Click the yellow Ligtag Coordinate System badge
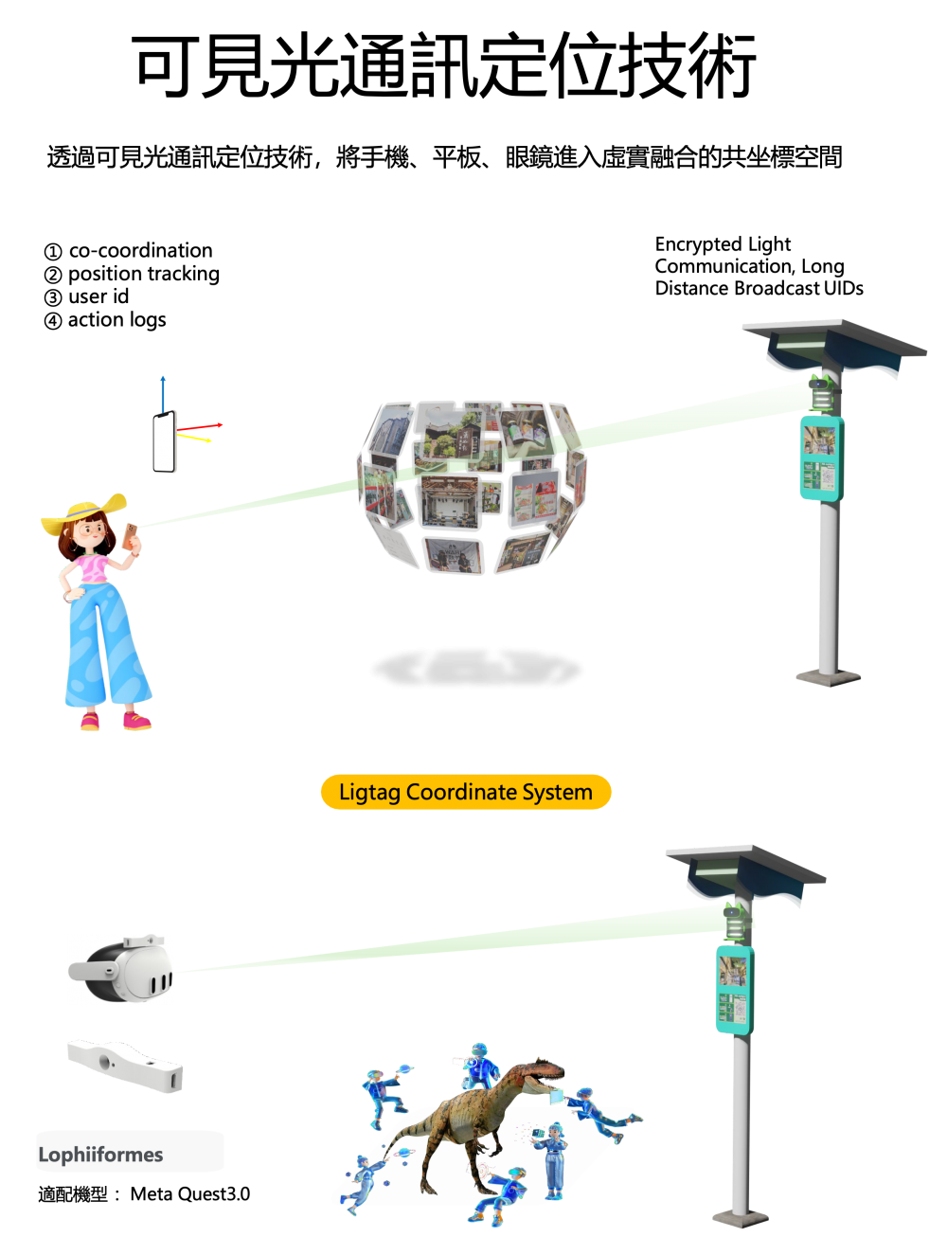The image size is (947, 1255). click(465, 791)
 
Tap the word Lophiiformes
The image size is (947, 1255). click(100, 1154)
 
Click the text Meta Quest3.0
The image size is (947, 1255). click(189, 1193)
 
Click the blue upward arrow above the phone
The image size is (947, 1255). click(163, 395)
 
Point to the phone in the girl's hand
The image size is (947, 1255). click(130, 536)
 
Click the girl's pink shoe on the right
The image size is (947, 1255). click(137, 721)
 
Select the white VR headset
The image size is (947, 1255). click(121, 969)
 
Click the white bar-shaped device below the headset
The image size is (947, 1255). click(125, 1067)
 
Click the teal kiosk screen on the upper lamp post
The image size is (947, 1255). click(821, 458)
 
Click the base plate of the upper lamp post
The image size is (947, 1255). click(828, 677)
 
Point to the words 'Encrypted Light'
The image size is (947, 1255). click(723, 244)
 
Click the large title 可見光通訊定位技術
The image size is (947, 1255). click(443, 65)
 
